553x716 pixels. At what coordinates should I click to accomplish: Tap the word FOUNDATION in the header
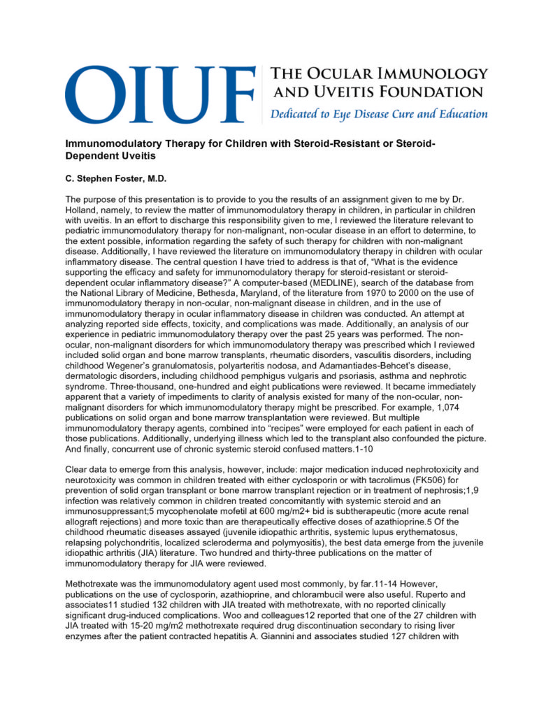437,92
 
